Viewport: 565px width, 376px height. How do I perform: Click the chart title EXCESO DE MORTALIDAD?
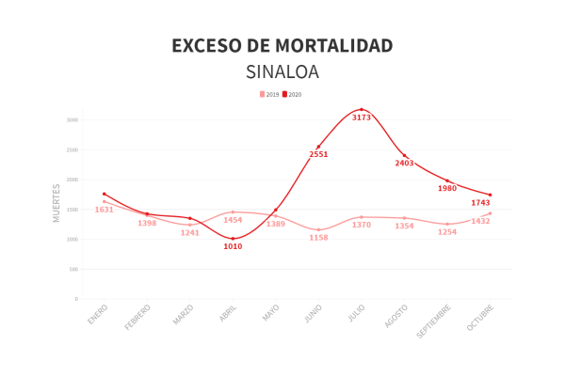282,46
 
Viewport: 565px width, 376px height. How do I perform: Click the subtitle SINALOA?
282,72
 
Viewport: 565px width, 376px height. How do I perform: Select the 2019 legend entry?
269,95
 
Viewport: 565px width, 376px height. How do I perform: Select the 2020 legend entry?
292,95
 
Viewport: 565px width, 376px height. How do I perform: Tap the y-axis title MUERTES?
56,202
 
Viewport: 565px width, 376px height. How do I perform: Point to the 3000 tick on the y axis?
72,120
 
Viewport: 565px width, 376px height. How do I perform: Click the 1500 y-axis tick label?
72,210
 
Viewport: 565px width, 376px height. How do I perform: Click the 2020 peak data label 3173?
362,118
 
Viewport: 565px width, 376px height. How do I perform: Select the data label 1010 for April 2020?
233,247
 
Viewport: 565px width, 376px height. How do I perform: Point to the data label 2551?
318,154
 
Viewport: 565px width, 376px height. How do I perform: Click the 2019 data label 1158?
318,238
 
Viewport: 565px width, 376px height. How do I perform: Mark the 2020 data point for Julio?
362,110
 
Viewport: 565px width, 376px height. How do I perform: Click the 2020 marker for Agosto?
405,156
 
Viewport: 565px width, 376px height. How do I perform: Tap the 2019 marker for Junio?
318,230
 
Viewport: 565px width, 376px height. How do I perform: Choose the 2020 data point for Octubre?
491,195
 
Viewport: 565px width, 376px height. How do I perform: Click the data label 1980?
447,189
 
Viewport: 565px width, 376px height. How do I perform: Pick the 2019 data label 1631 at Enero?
104,210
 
